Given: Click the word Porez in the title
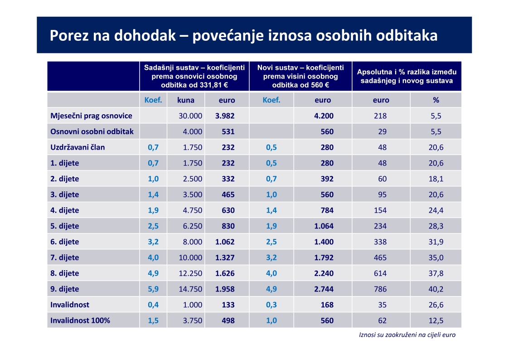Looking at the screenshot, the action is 69,35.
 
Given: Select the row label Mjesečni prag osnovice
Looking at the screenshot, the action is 91,116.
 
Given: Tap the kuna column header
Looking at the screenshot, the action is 186,100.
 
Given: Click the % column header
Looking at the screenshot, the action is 436,100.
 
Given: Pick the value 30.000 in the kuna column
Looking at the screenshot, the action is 190,116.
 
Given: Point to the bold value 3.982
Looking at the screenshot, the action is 225,116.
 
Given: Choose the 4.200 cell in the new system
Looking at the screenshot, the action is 324,116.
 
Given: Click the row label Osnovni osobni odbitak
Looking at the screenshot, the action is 92,131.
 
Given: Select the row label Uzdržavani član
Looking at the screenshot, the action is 78,147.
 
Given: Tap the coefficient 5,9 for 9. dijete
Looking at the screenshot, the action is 153,289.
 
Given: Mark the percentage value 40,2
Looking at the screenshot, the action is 436,289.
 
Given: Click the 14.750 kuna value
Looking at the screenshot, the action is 190,289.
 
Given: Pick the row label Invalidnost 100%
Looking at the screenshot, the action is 80,321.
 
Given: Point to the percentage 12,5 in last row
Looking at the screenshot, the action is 436,321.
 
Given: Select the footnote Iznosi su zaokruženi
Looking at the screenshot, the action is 407,335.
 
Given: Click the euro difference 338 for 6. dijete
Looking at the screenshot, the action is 380,242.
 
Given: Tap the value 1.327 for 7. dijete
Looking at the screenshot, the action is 225,258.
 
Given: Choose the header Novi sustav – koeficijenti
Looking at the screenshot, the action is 301,68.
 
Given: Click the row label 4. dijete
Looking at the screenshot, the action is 65,210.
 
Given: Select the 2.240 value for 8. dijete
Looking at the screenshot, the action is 324,273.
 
